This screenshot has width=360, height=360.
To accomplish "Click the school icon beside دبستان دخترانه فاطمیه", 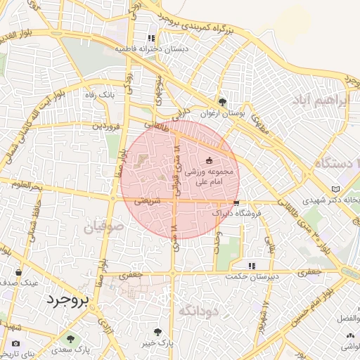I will coord(150,38).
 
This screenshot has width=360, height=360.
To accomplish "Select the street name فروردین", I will coord(108,126).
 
